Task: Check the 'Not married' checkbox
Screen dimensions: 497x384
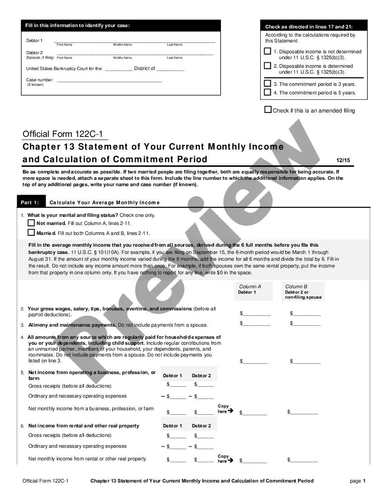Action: (x=31, y=223)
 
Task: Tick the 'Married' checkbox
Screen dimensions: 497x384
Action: (x=31, y=233)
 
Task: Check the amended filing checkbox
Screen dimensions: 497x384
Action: (x=268, y=110)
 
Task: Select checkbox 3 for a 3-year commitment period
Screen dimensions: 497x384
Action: (x=268, y=84)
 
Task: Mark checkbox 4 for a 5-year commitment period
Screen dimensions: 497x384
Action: (x=268, y=92)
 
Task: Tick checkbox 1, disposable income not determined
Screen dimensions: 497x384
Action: (x=268, y=52)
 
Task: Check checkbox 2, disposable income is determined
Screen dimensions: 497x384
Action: (x=268, y=66)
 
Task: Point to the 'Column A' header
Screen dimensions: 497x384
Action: (x=250, y=286)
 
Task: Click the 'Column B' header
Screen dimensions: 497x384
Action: (x=296, y=286)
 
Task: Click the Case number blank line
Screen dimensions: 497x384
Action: (x=109, y=80)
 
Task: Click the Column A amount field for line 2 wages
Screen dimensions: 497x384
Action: (x=256, y=313)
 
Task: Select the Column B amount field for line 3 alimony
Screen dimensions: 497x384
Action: (x=307, y=323)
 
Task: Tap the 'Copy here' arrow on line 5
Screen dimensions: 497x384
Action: (x=230, y=411)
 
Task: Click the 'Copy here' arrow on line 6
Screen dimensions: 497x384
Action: (x=230, y=461)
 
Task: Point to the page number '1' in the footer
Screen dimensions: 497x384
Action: (x=364, y=481)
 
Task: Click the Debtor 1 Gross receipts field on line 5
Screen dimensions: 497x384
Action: (x=178, y=385)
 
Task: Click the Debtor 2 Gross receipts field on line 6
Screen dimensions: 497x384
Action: (x=205, y=436)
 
